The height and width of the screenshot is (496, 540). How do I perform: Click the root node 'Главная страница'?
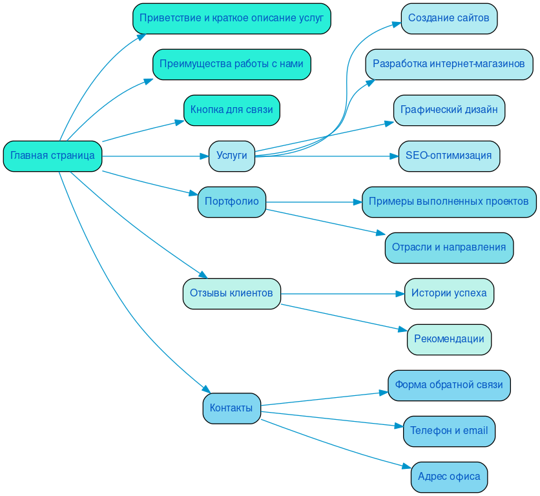[x=52, y=156]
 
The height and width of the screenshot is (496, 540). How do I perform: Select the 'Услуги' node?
[x=231, y=156]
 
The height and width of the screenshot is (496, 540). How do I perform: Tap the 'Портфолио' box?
[x=231, y=201]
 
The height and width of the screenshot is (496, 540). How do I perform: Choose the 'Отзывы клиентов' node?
[x=231, y=293]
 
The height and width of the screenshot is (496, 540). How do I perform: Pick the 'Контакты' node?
[x=231, y=408]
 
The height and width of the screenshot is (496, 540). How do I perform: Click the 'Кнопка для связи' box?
[x=231, y=110]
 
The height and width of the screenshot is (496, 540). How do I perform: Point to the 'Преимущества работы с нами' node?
[x=231, y=64]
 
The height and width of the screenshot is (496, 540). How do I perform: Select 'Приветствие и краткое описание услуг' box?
[x=231, y=18]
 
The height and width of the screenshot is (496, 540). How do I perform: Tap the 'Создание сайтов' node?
[x=449, y=18]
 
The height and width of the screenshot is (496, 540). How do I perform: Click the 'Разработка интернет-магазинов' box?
[x=449, y=64]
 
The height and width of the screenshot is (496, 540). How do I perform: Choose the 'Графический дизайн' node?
[x=449, y=110]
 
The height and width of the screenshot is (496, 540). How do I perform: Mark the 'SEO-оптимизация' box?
[x=449, y=156]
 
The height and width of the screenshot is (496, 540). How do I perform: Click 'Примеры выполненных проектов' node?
[x=449, y=201]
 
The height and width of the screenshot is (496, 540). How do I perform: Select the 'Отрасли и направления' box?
[x=449, y=247]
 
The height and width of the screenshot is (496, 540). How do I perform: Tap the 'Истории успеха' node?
[x=449, y=293]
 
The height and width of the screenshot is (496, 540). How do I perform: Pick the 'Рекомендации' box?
[x=449, y=339]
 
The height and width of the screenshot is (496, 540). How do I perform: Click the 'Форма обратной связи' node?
[x=449, y=385]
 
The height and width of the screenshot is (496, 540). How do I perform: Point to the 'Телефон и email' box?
[x=449, y=431]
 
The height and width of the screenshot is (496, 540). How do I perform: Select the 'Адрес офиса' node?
[x=449, y=477]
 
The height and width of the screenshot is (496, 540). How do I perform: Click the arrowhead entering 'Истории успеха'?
[x=400, y=294]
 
